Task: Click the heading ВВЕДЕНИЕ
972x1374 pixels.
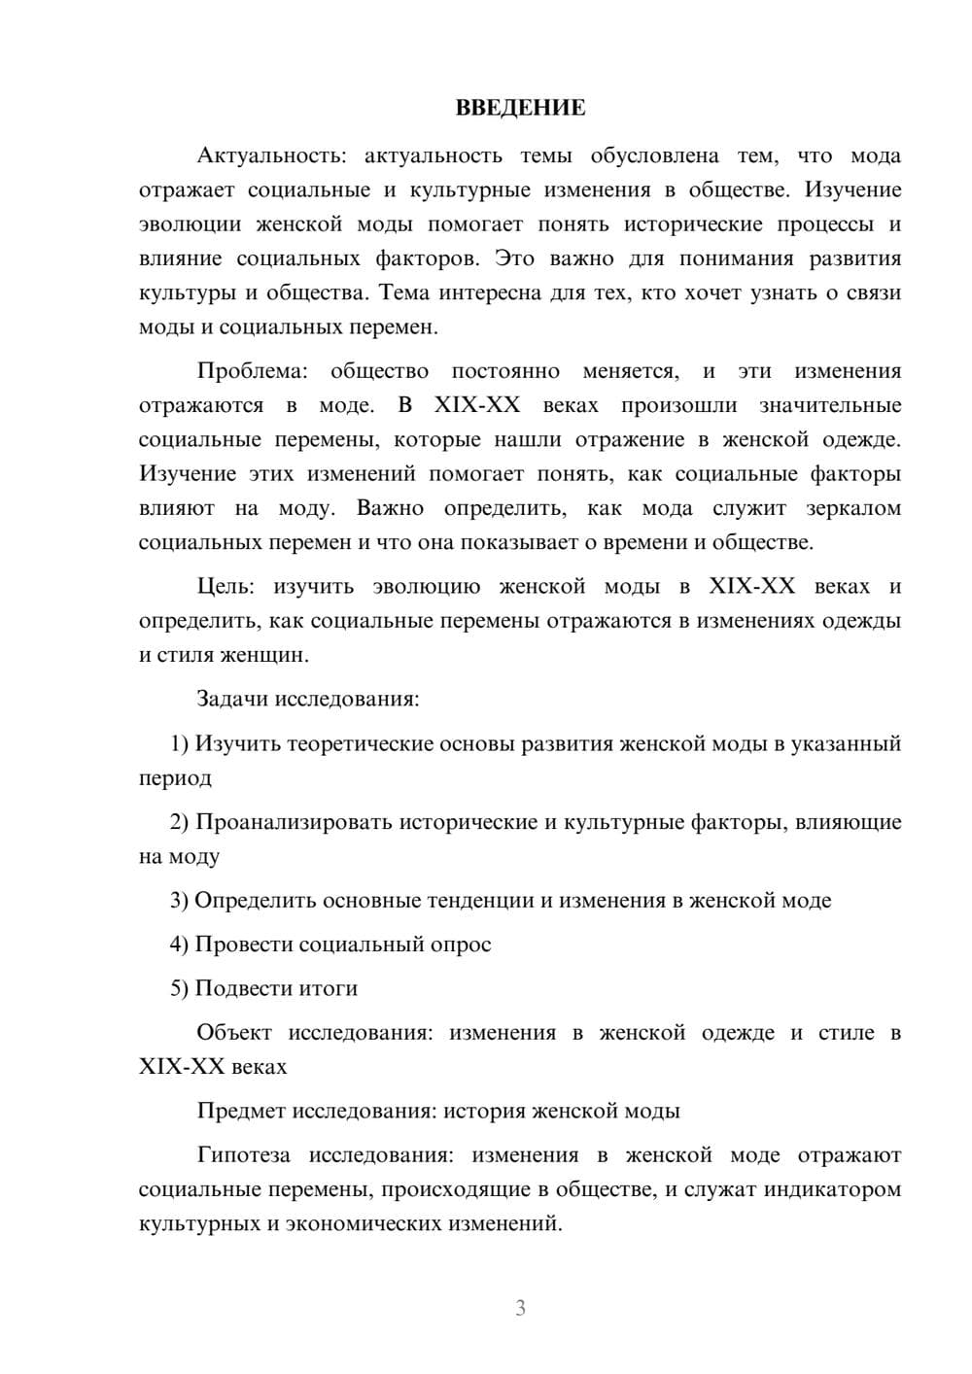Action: tap(520, 108)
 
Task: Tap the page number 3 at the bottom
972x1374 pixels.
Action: tap(520, 1308)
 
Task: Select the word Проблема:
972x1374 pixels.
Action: tap(253, 371)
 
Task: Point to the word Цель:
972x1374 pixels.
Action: tap(225, 587)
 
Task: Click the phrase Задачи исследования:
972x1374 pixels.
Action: tap(307, 699)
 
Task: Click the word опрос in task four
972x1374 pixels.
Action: tap(460, 945)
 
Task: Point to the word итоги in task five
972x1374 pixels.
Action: tap(328, 988)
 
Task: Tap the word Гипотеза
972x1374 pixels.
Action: tap(243, 1155)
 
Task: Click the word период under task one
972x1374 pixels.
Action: tap(175, 778)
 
